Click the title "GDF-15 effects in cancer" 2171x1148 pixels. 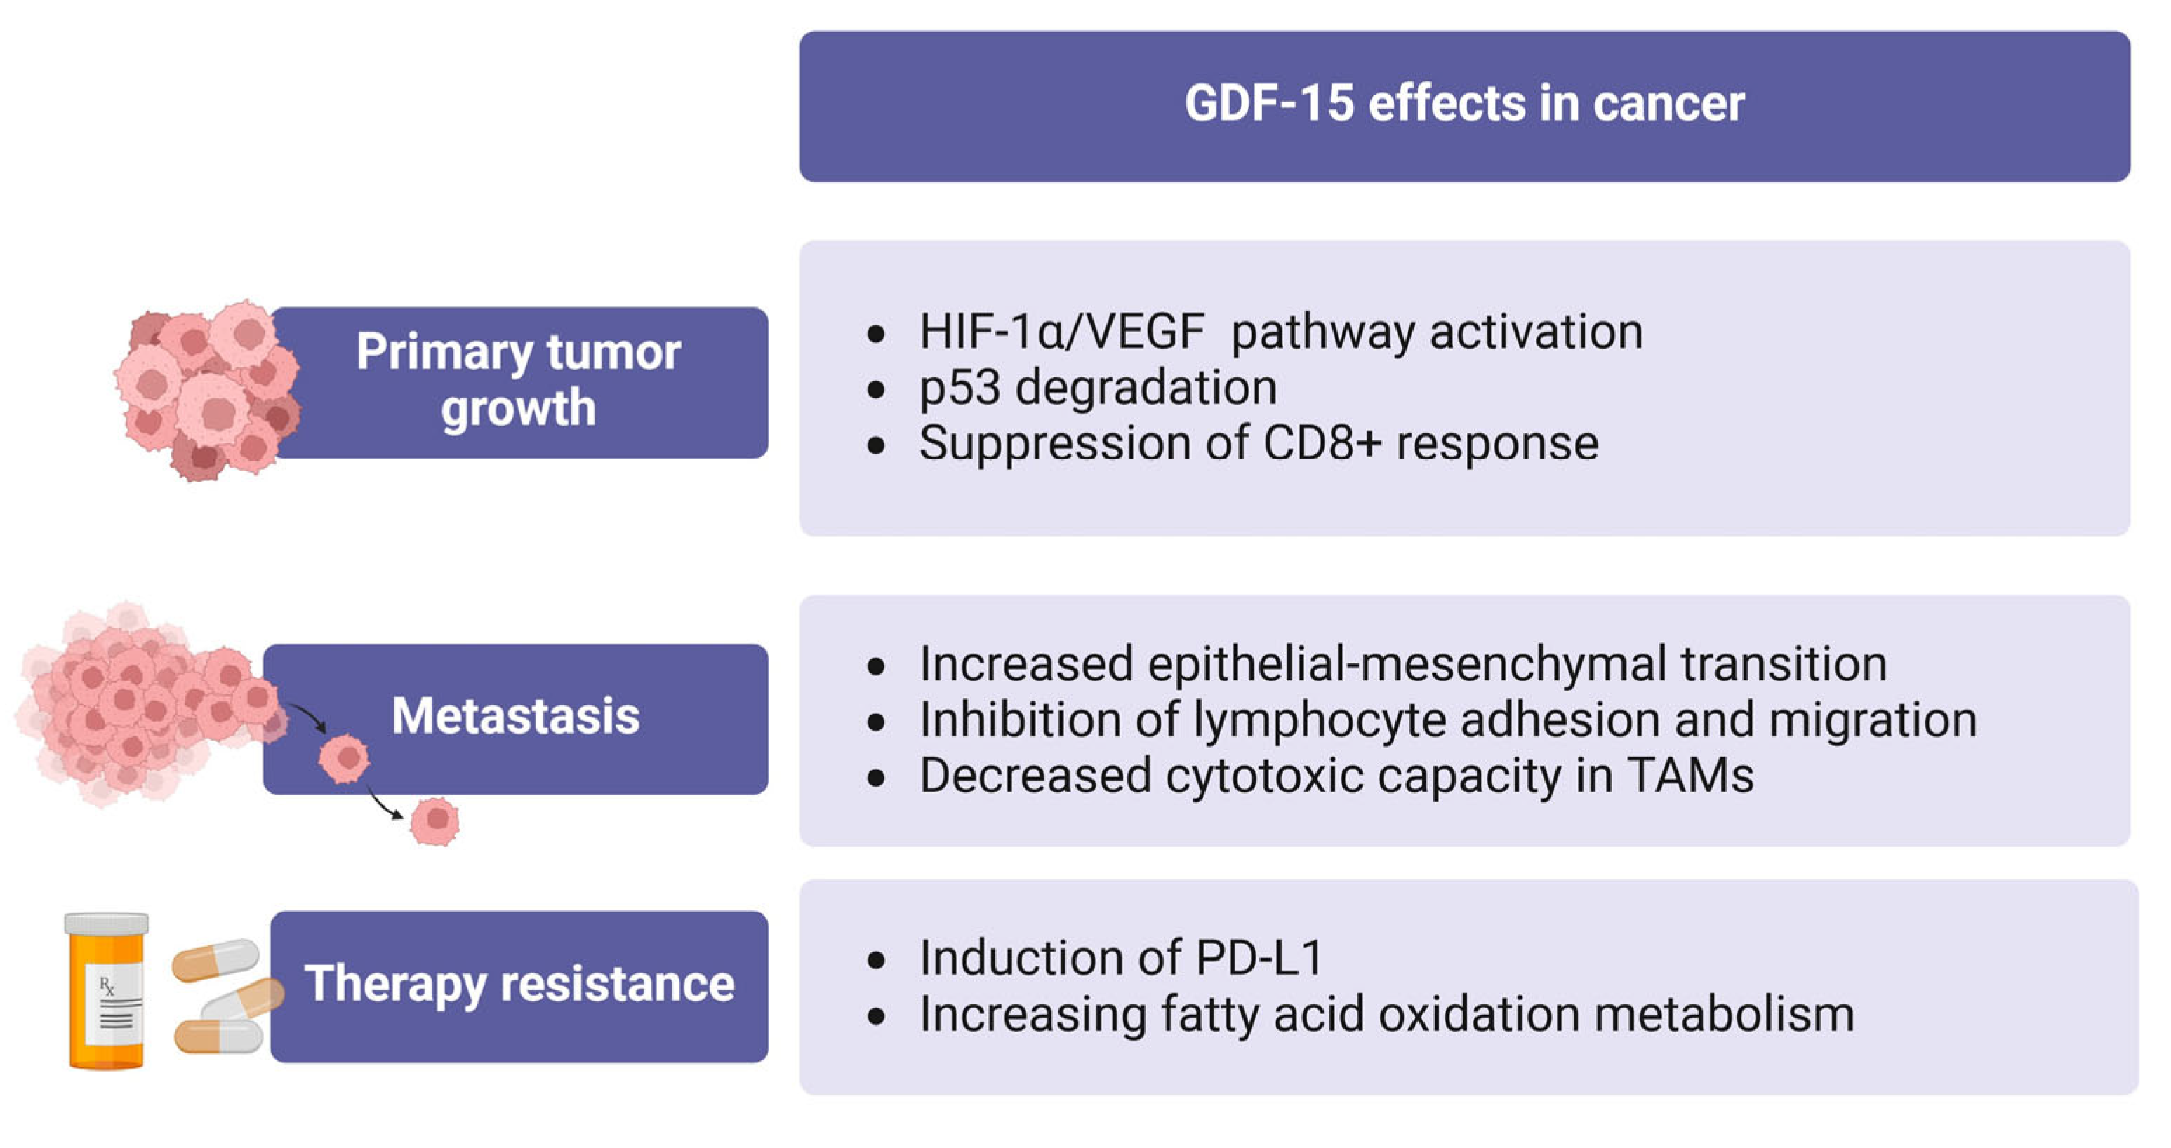[1464, 104]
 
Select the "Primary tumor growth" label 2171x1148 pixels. [517, 380]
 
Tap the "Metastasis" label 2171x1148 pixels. [515, 716]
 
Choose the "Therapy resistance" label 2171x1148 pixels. [519, 984]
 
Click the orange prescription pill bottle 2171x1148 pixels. [107, 994]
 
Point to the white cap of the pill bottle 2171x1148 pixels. [107, 924]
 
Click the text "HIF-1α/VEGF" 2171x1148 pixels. [1062, 331]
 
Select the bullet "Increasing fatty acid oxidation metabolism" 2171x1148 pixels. [1386, 1014]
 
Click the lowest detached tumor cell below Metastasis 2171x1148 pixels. [435, 821]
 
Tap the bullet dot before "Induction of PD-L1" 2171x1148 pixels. [876, 960]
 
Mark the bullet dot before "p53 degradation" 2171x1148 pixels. [876, 390]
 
